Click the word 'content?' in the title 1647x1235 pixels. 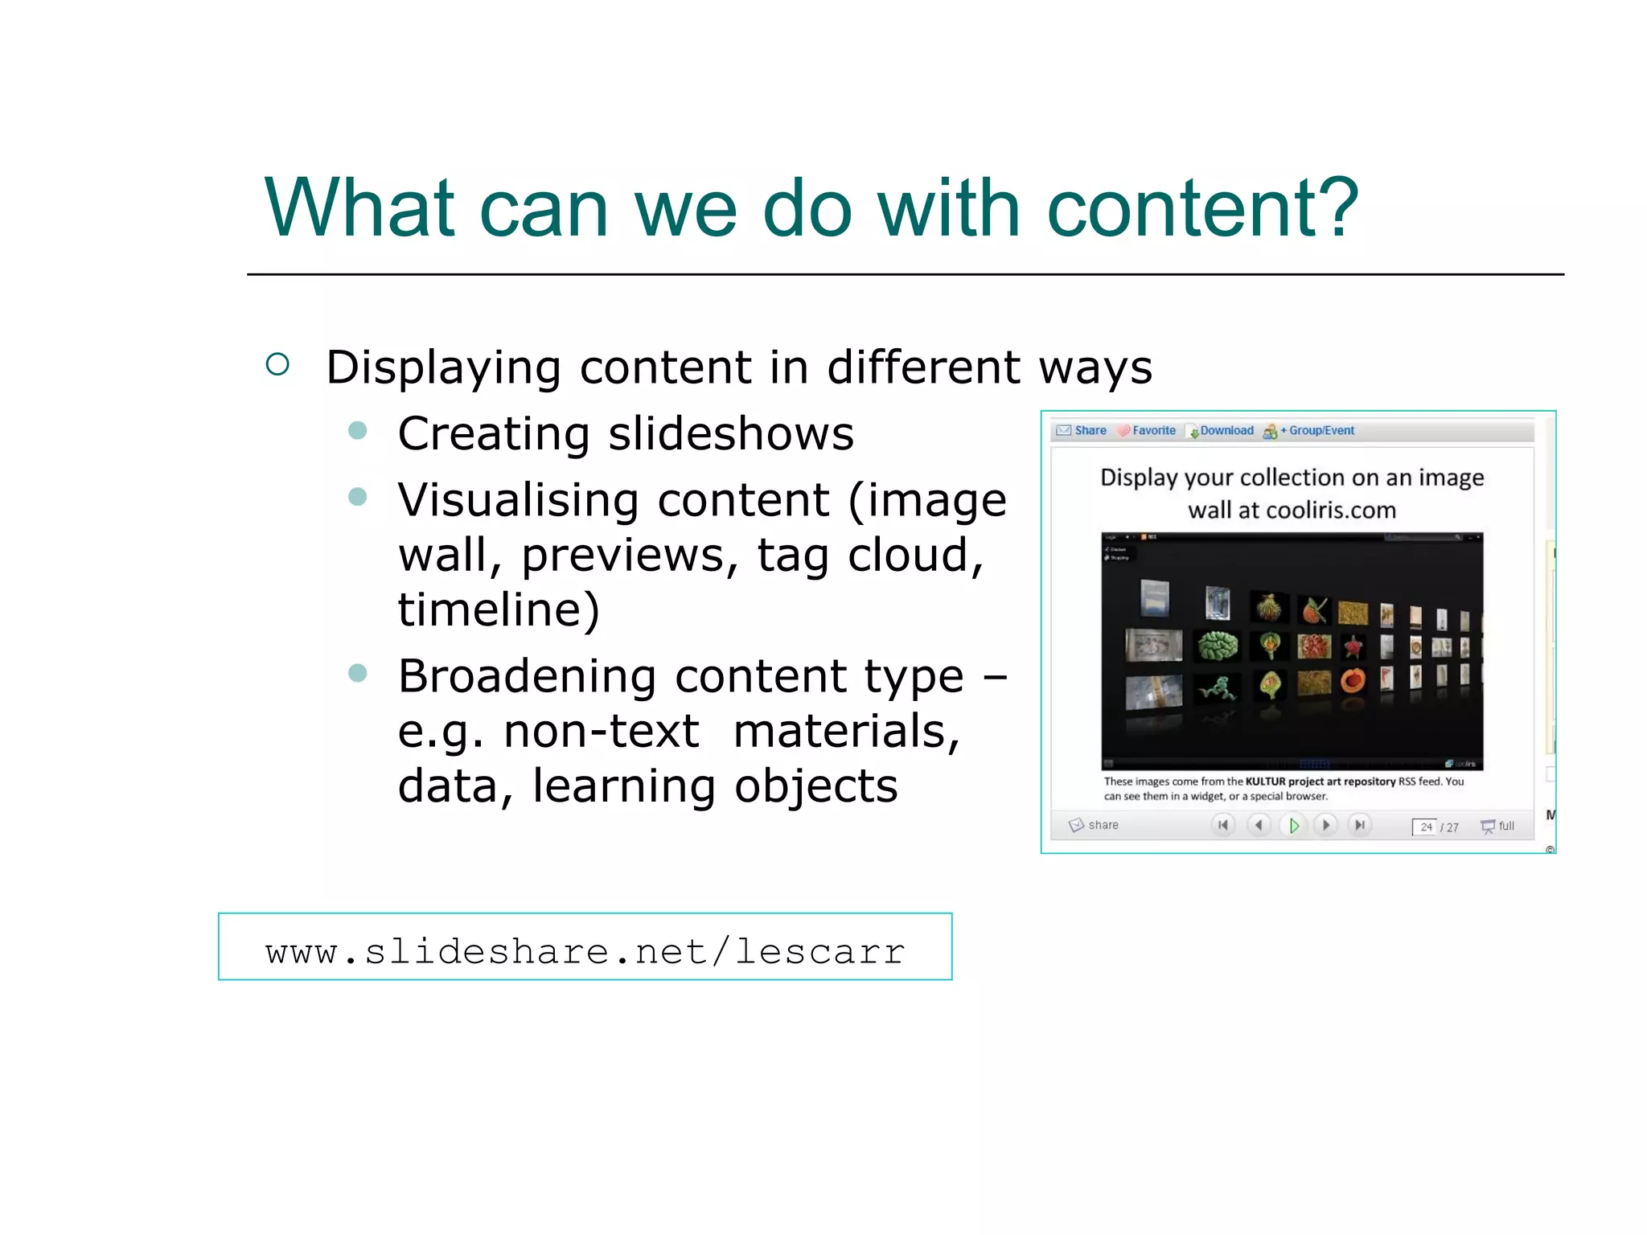coord(1201,209)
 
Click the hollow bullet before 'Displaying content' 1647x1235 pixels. coord(277,365)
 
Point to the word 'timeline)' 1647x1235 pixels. coord(499,609)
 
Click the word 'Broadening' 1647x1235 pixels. coord(527,676)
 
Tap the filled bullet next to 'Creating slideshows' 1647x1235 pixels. coord(358,431)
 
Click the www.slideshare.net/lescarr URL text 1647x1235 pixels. coord(585,951)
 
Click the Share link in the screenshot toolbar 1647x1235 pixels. coord(1090,431)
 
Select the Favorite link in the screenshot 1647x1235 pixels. coord(1153,431)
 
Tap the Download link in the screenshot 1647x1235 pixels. coord(1226,431)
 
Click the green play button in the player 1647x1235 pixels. coord(1293,825)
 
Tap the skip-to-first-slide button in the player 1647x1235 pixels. coord(1223,825)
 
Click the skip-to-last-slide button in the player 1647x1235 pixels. coord(1360,825)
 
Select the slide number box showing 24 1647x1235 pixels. coord(1425,827)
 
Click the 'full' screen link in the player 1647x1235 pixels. coord(1505,826)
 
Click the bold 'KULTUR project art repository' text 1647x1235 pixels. coord(1320,782)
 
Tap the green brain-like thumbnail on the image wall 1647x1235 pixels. coord(1218,645)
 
